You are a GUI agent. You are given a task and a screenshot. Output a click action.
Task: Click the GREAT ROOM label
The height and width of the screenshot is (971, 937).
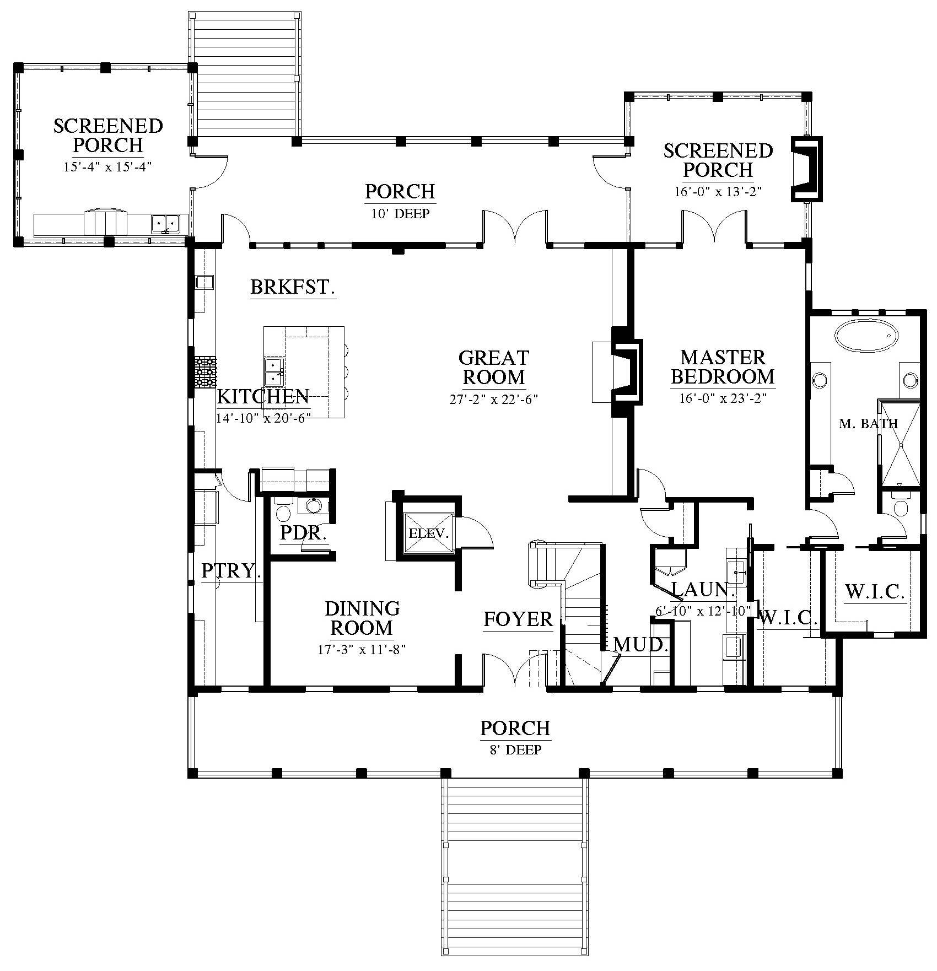point(494,368)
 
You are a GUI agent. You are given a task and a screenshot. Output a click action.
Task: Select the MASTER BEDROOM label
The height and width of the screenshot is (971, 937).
point(723,367)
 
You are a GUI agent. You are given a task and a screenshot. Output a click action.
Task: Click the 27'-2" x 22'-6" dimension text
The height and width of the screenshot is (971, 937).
point(494,399)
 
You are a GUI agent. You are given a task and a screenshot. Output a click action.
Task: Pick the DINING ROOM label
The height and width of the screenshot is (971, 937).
point(362,618)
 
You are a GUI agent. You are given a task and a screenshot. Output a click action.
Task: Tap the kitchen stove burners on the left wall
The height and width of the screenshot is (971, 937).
point(205,372)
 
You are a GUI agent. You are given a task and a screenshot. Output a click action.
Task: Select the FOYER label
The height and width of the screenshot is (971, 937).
point(518,619)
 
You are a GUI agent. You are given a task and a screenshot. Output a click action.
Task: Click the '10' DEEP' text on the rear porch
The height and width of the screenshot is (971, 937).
point(400,213)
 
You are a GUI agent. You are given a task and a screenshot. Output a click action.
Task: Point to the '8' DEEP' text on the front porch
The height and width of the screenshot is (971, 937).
point(515,749)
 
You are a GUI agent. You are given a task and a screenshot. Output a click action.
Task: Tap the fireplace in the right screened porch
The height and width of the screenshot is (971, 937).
point(807,168)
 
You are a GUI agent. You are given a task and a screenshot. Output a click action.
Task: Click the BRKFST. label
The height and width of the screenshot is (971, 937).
point(293,287)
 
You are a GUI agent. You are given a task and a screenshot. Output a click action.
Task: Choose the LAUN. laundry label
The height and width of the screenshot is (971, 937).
point(703,590)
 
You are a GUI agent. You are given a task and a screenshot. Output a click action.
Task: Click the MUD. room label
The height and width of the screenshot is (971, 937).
point(641,644)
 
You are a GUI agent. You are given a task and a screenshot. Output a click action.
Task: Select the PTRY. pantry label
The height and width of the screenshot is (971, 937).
point(231,570)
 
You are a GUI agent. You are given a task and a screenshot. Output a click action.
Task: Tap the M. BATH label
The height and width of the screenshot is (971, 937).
point(869,423)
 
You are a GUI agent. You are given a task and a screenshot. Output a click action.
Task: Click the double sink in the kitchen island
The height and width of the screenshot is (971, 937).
point(274,371)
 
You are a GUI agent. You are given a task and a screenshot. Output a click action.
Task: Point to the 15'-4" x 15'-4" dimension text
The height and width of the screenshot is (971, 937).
point(107,167)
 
